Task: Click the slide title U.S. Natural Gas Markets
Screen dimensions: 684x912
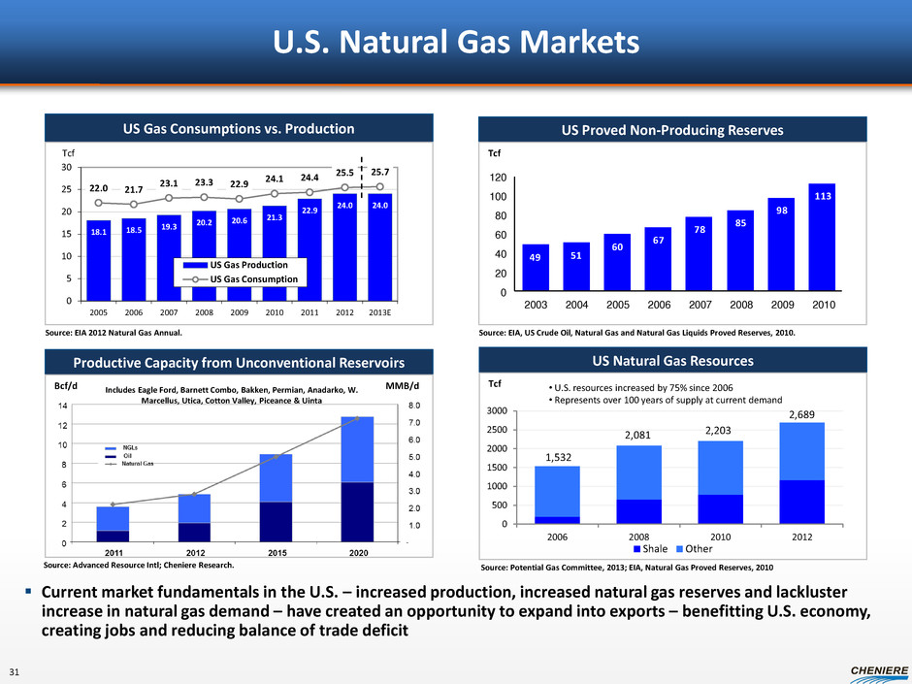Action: pos(455,43)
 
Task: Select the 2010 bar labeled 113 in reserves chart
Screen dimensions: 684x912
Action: pos(821,238)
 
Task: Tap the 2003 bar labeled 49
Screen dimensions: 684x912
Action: pos(535,268)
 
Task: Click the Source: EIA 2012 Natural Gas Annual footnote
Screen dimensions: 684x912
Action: pos(113,333)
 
